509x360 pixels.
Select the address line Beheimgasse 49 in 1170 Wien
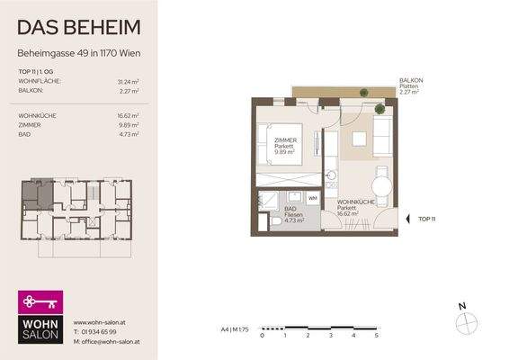click(79, 54)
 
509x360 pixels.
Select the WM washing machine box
click(313, 198)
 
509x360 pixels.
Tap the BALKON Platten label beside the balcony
click(414, 84)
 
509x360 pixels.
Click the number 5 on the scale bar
click(377, 335)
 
